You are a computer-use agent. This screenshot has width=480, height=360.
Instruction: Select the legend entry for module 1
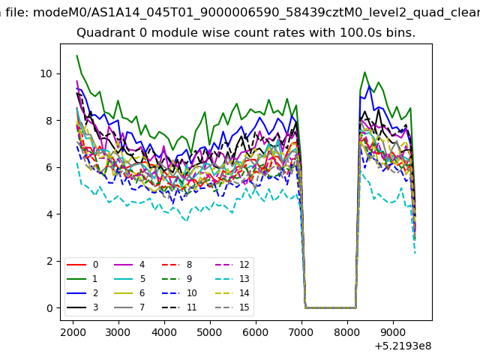[x=82, y=279]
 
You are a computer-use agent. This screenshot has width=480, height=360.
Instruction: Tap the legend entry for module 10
[x=179, y=293]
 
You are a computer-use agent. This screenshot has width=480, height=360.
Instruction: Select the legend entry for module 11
[x=179, y=307]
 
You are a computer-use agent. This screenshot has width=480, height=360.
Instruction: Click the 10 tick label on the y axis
[x=46, y=73]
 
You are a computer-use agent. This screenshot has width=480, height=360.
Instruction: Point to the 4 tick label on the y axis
[x=49, y=214]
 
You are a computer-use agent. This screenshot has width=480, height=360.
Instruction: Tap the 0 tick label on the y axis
[x=49, y=308]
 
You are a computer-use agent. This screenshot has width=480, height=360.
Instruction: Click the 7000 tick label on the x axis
[x=301, y=332]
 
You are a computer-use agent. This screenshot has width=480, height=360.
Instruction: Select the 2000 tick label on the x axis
[x=73, y=332]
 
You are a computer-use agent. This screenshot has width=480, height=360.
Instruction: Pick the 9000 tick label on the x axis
[x=393, y=332]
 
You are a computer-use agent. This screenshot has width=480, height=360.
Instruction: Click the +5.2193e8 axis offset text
[x=403, y=346]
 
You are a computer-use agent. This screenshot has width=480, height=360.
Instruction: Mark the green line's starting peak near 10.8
[x=76, y=55]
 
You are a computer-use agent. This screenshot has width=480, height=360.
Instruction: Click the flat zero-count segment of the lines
[x=331, y=307]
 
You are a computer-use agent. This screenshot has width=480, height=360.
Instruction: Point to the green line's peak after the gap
[x=364, y=72]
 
